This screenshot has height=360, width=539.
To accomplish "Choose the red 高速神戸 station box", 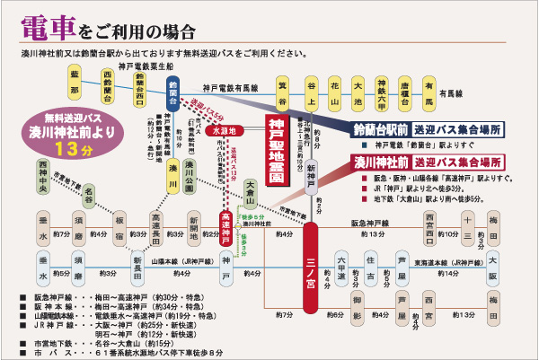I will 227,220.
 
